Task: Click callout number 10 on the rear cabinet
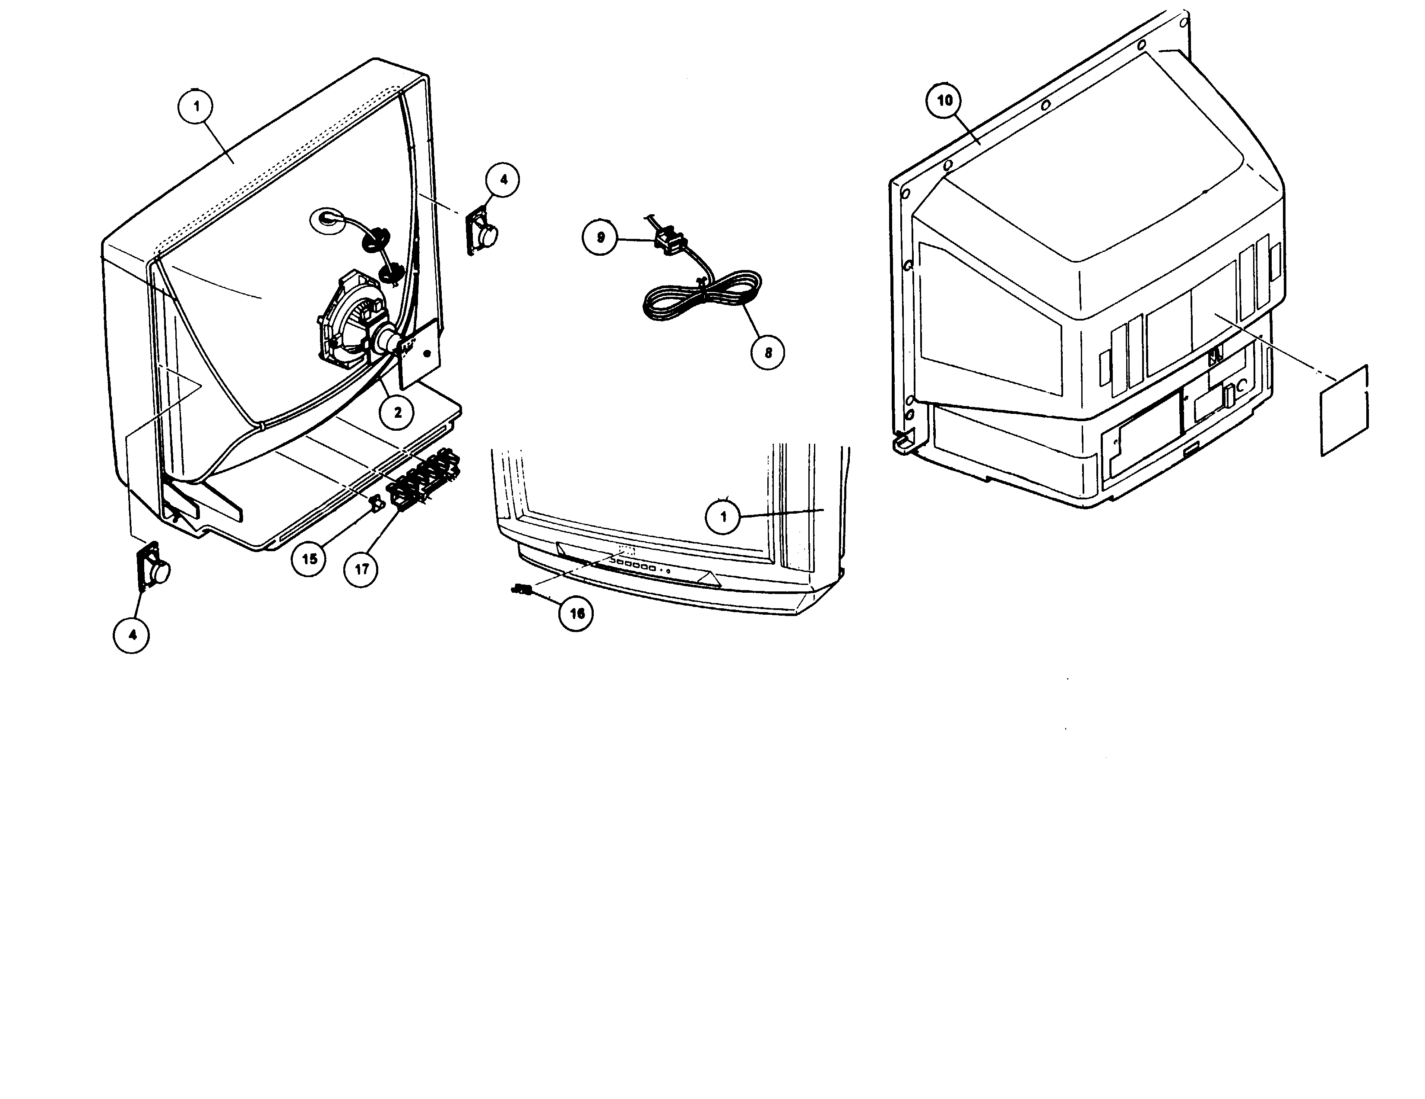point(944,101)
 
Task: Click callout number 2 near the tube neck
point(397,412)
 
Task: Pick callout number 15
point(309,559)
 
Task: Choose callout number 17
point(361,569)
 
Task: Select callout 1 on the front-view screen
point(723,517)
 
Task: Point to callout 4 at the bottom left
point(132,634)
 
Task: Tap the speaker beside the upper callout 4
point(483,231)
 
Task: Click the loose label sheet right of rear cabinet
point(1344,410)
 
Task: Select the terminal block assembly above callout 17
point(425,476)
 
